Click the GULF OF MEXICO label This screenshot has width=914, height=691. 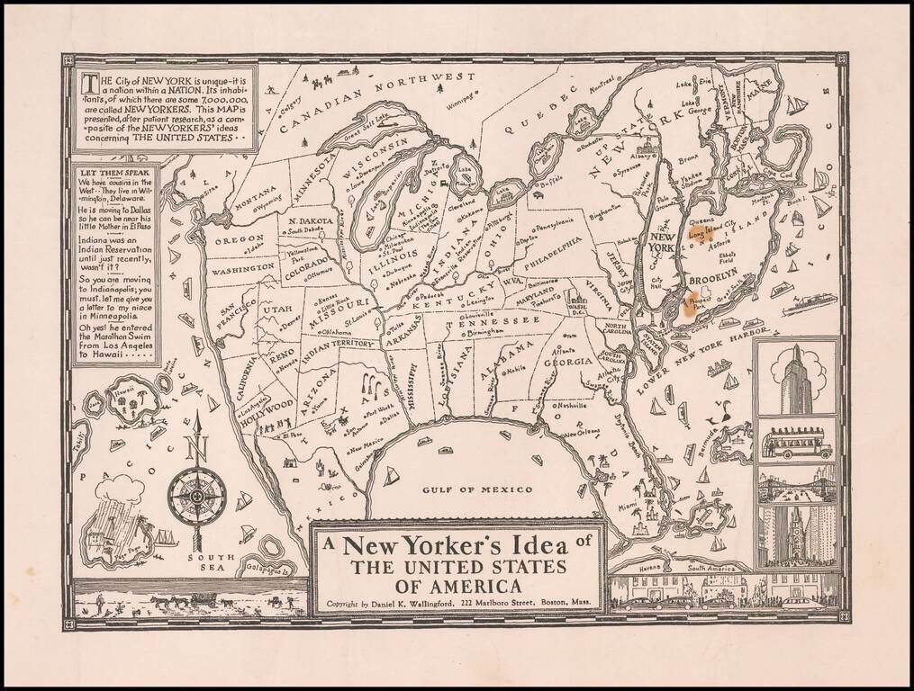click(x=477, y=489)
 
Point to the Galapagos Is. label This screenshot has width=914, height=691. click(x=271, y=568)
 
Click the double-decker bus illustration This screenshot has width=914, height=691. click(x=796, y=443)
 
